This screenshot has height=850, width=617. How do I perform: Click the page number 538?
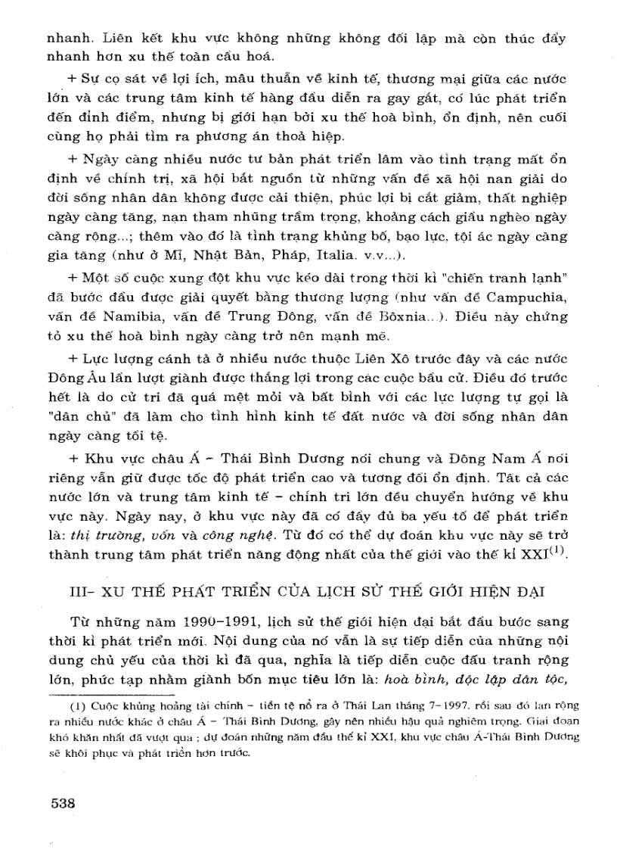(63, 804)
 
